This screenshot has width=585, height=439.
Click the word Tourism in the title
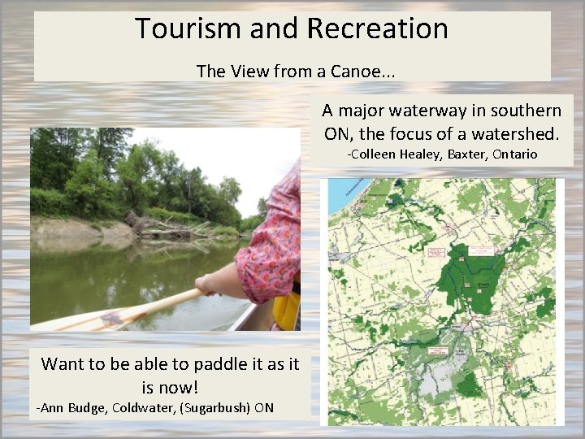(175, 28)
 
